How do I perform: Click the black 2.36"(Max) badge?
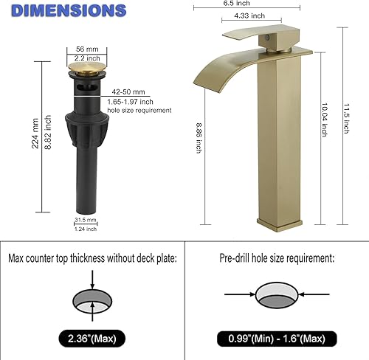pyautogui.click(x=89, y=339)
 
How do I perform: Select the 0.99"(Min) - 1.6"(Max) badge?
pyautogui.click(x=275, y=339)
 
